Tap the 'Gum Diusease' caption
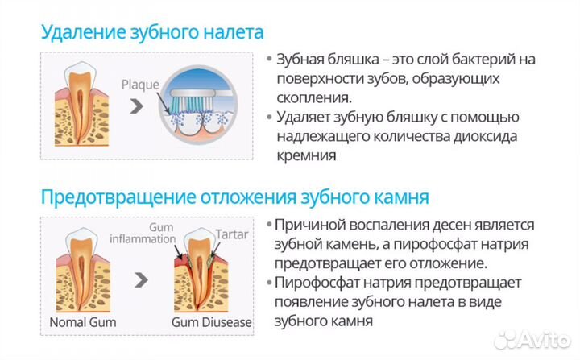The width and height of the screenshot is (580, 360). pos(212,322)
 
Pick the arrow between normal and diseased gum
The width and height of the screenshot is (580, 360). pos(142,280)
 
